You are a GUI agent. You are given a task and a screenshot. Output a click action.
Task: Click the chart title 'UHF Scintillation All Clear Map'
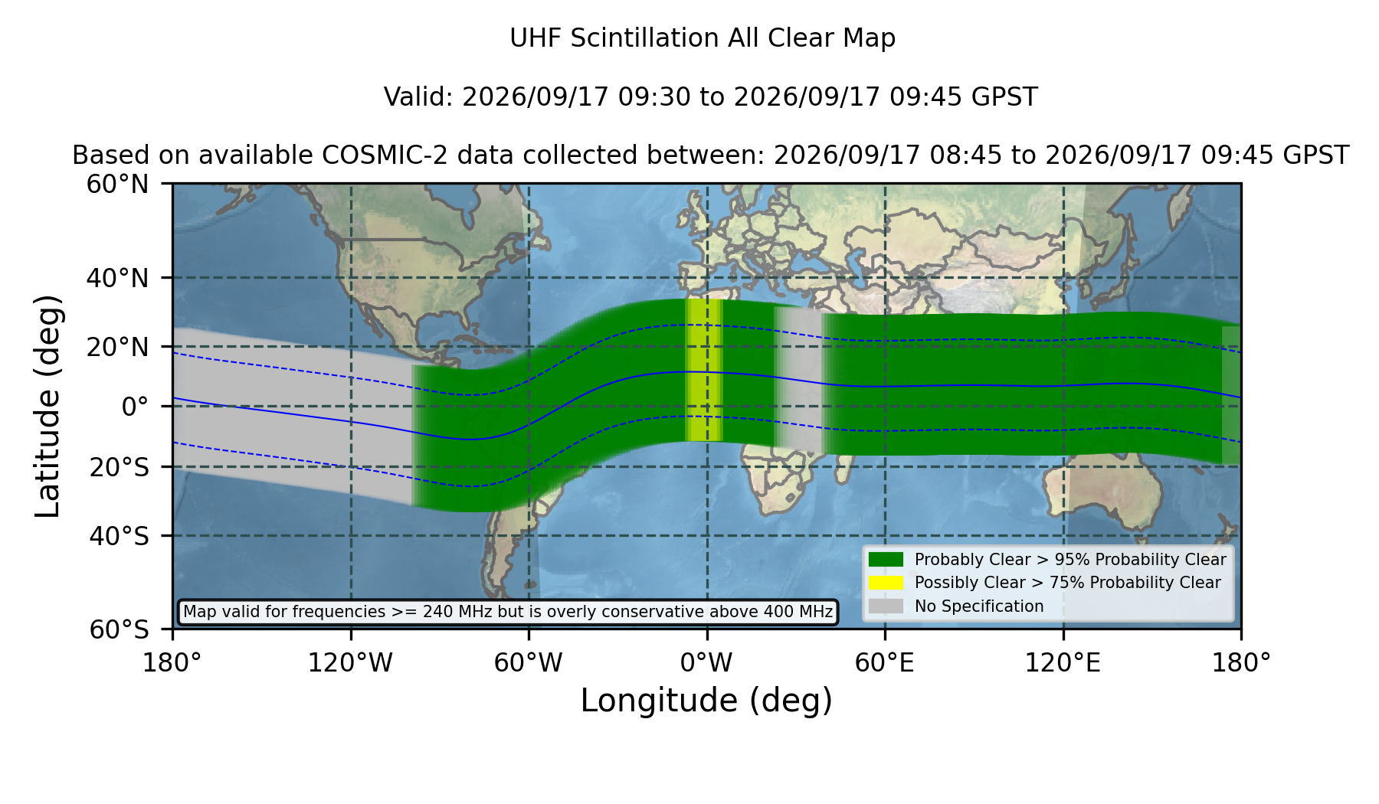point(703,38)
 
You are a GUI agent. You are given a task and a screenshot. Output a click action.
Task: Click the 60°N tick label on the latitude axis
point(118,184)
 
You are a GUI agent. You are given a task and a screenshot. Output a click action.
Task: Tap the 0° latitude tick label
point(135,407)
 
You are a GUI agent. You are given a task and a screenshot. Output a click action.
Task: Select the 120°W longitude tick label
point(350,662)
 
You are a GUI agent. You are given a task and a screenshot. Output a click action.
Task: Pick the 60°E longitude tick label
point(885,662)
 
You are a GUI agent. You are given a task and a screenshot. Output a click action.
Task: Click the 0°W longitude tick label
point(706,662)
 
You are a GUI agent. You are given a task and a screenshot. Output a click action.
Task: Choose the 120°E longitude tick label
point(1063,662)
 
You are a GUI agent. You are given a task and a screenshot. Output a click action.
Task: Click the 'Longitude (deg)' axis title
point(706,701)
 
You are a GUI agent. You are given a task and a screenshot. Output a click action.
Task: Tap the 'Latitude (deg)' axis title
point(47,406)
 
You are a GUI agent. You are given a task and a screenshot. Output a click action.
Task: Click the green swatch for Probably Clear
point(886,560)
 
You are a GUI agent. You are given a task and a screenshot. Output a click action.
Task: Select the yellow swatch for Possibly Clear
point(886,583)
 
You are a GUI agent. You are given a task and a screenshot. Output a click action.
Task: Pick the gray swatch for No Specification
point(886,606)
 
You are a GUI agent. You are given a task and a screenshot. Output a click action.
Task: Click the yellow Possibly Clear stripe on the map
point(704,370)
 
